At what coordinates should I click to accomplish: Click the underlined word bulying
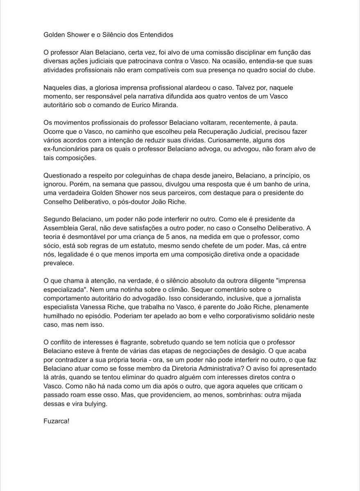tap(95, 404)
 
